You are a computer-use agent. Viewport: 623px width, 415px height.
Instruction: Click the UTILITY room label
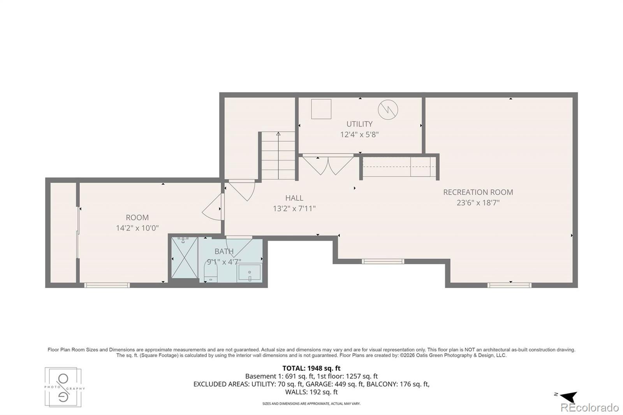(x=359, y=124)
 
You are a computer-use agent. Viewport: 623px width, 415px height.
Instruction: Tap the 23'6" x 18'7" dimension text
(x=478, y=203)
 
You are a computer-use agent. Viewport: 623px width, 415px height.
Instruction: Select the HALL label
(x=294, y=198)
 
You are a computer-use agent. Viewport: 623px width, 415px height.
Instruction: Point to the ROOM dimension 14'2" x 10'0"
(x=137, y=228)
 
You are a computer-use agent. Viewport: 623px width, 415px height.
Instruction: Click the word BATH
(x=224, y=251)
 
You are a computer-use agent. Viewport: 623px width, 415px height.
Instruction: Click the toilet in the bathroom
(x=211, y=273)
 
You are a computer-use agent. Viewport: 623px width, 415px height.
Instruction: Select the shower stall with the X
(x=184, y=258)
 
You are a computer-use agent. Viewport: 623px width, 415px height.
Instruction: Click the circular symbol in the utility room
(x=388, y=110)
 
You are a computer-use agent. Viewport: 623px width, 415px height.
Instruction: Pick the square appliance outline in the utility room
(x=321, y=109)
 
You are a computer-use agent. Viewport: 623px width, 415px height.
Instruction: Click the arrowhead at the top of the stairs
(x=278, y=134)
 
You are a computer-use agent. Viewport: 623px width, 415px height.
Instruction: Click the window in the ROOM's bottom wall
(x=107, y=285)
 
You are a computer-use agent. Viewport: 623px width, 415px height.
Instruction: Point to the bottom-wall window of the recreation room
(x=509, y=285)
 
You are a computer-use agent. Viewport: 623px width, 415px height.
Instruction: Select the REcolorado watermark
(x=590, y=408)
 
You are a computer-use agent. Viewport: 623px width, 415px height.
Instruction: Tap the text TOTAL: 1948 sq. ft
(x=311, y=368)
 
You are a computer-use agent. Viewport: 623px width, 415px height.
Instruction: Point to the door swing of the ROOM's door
(x=213, y=207)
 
